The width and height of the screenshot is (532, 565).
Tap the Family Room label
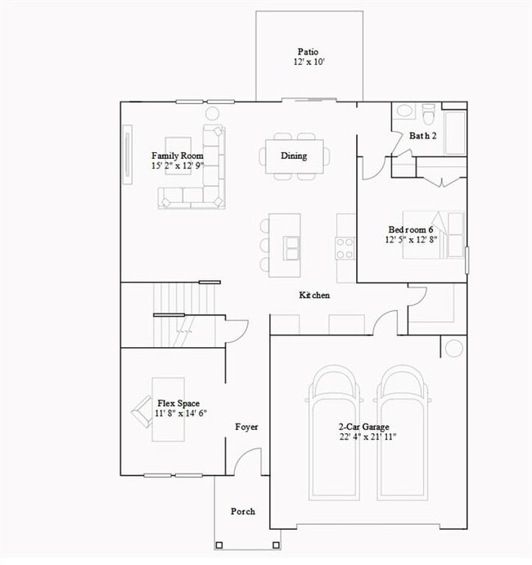pos(178,156)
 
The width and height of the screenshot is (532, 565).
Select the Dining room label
pos(294,156)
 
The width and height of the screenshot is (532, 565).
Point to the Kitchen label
pos(314,295)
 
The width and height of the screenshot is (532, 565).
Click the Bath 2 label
pos(423,136)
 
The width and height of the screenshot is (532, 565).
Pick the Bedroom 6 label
pos(413,229)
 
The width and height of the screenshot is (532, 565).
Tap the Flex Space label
pos(178,403)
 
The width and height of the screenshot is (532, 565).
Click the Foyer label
pos(246,427)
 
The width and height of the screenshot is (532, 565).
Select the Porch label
pos(242,511)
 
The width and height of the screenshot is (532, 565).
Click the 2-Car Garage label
pos(364,427)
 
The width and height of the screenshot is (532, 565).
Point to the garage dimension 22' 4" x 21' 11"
pos(367,437)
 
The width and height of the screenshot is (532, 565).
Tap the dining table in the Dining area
pos(294,156)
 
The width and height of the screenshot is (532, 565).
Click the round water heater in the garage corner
pos(453,347)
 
